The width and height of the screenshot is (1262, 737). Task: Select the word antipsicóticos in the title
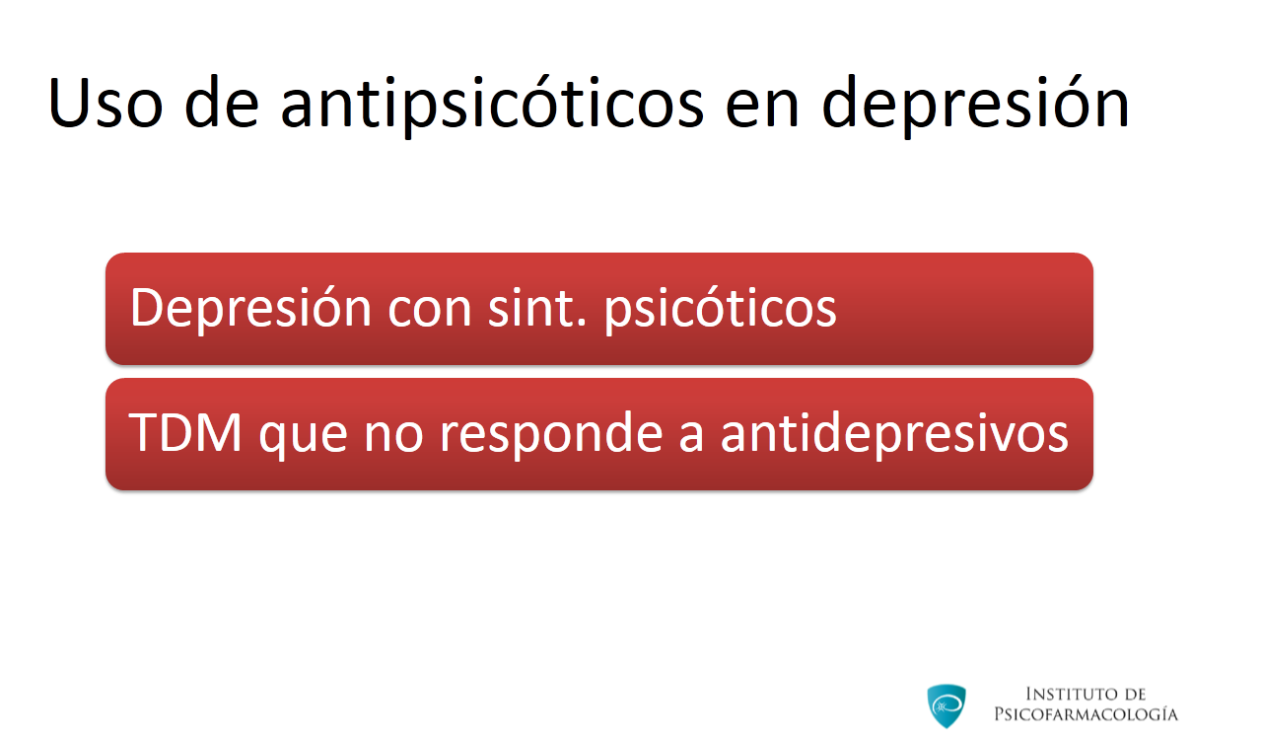492,105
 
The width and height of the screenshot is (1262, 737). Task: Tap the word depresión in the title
976,105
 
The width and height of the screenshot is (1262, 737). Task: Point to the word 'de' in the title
222,102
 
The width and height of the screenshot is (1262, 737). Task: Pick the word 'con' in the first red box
429,313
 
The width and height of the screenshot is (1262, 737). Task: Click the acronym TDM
185,432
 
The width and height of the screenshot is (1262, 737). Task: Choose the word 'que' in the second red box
303,439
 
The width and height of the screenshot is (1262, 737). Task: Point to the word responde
550,434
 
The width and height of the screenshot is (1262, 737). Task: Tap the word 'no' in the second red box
393,438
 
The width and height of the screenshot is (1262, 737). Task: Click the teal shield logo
946,706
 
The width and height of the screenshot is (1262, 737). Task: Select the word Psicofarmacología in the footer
1086,714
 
